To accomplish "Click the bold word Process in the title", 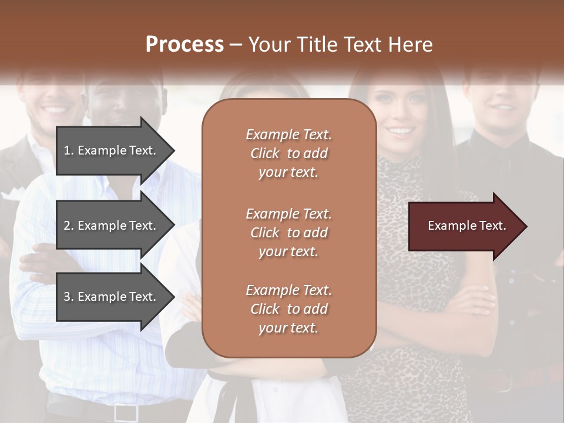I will pos(184,45).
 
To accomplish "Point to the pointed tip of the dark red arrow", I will pos(526,226).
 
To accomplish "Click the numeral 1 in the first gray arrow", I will pos(67,150).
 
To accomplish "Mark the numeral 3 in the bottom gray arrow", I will pos(67,297).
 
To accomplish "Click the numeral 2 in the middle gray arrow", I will pos(67,226).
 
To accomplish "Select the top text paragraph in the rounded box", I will pos(288,153).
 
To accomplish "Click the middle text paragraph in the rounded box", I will pos(288,233).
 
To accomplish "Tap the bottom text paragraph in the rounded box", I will pos(288,309).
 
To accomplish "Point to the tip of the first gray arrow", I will pos(174,150).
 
